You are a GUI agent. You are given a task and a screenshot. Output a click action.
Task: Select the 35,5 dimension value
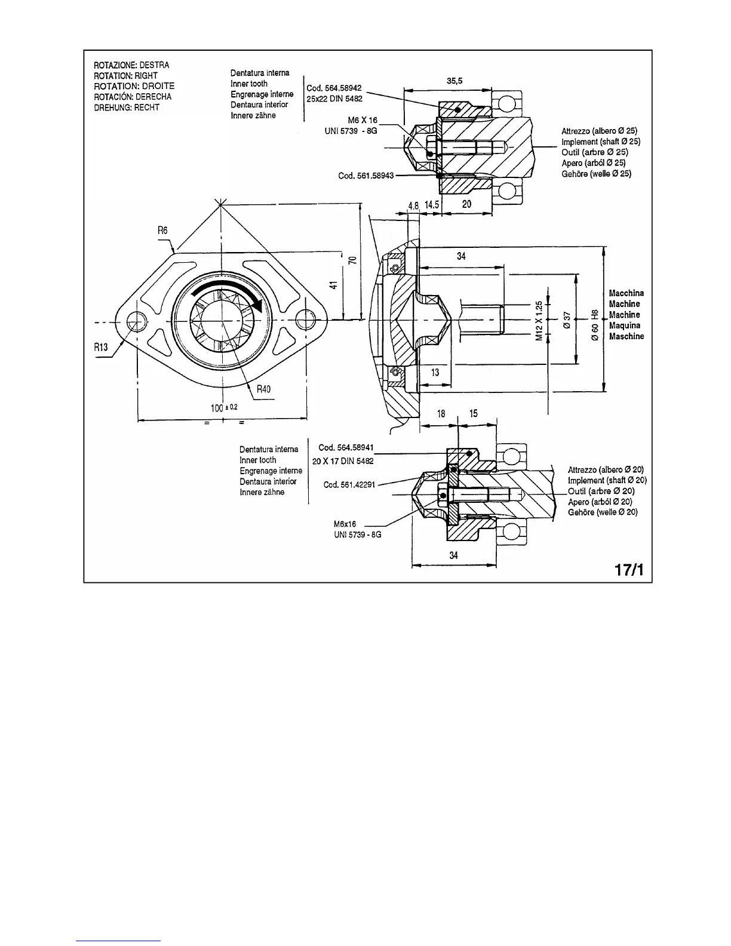456,81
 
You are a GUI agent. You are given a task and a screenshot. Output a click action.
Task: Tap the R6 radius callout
163,231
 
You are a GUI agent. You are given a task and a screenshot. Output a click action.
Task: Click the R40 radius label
263,389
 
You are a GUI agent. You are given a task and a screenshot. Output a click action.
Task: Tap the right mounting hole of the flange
306,321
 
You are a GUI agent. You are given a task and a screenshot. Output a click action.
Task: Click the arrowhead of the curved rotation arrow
258,305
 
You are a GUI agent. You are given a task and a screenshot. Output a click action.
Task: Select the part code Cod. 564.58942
334,88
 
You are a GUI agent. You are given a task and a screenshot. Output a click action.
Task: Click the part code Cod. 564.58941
346,447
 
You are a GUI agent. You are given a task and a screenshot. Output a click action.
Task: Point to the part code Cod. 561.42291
349,484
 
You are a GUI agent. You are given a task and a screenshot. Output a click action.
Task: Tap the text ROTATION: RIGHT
125,76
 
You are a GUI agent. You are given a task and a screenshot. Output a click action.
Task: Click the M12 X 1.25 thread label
539,321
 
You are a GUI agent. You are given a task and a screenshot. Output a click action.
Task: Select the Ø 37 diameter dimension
568,321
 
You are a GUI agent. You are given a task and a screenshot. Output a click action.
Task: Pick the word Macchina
626,293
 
